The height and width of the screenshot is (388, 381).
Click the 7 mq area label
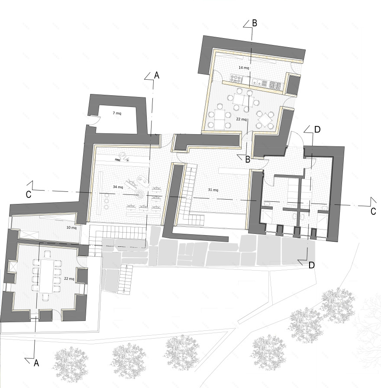(117, 113)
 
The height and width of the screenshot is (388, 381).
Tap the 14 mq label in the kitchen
(244, 68)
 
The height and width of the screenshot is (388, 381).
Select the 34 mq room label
(118, 187)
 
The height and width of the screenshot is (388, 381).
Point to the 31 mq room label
(213, 190)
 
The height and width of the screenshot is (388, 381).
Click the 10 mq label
(71, 228)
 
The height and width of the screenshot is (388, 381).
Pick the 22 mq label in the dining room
(242, 119)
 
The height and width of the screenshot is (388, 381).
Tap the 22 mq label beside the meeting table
(69, 278)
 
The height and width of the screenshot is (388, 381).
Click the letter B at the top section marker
(255, 23)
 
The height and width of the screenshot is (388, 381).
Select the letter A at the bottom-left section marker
(36, 363)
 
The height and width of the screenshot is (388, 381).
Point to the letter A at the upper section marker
(157, 75)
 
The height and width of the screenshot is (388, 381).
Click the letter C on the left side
(29, 194)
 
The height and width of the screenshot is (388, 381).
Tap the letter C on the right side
(373, 211)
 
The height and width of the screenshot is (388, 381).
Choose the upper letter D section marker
(317, 129)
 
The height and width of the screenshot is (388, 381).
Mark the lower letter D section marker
(311, 265)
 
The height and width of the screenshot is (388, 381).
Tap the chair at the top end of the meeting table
(47, 254)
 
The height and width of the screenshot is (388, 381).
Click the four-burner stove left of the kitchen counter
(236, 79)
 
